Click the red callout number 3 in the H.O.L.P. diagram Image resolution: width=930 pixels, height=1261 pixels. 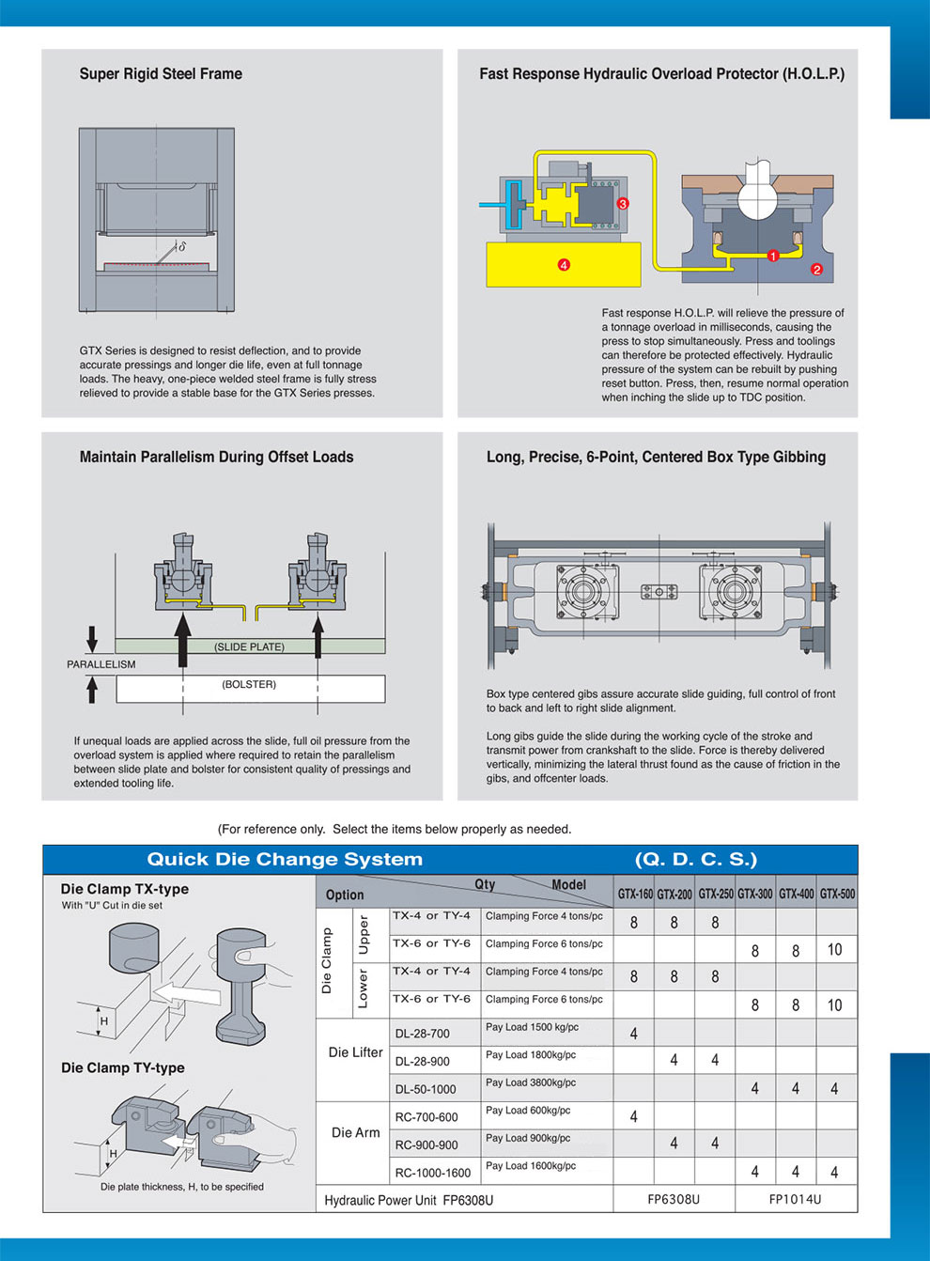(x=622, y=203)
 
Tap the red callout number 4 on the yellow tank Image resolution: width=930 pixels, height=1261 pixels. (x=564, y=265)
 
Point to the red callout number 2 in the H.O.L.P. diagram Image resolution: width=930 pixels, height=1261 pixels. (x=816, y=270)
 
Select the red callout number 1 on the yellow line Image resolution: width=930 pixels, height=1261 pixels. (x=773, y=256)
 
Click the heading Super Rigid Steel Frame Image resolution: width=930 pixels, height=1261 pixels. (x=161, y=73)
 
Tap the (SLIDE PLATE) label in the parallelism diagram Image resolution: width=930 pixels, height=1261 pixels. (x=249, y=646)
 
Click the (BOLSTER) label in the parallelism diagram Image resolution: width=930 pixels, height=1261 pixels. (x=249, y=684)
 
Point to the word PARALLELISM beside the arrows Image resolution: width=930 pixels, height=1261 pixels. (x=101, y=664)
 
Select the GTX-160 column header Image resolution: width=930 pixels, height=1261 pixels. (x=635, y=894)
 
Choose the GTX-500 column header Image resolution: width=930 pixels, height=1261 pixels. (x=837, y=894)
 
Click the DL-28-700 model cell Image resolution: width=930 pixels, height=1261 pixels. (x=422, y=1034)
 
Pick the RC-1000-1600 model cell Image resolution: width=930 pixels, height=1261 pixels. (x=432, y=1173)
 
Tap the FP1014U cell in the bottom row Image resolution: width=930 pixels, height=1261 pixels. (x=795, y=1199)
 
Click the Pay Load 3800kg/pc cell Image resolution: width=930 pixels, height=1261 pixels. (x=531, y=1082)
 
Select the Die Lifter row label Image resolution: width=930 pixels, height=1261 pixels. (x=355, y=1052)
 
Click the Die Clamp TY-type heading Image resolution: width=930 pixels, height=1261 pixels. (x=122, y=1067)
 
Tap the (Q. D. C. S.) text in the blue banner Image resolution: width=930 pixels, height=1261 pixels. (x=695, y=859)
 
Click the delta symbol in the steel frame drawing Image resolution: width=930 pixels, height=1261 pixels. (x=181, y=247)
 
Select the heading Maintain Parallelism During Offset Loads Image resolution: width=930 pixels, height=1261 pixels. (x=216, y=457)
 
